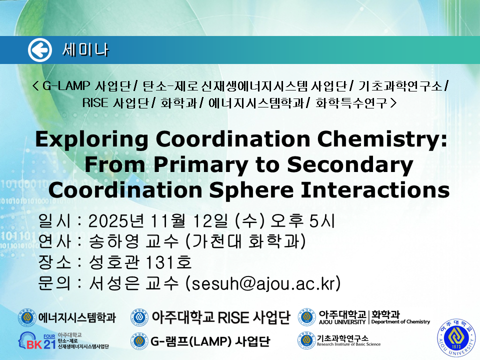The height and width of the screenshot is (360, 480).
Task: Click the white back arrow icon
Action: click(40, 50)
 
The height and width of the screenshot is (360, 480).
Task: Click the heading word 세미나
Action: click(85, 50)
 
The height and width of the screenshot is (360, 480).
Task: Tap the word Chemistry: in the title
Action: click(382, 139)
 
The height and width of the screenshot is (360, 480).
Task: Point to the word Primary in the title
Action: click(200, 165)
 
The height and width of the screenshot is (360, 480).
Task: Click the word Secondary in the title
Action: click(350, 165)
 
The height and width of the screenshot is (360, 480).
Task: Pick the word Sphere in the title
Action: click(251, 191)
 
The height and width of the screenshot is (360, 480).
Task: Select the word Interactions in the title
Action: click(375, 190)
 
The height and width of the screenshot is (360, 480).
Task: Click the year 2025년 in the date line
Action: click(116, 220)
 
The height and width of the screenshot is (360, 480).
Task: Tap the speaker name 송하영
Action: click(114, 241)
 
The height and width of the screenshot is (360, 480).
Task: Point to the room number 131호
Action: click(168, 262)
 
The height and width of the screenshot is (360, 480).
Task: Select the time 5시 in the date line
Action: click(322, 220)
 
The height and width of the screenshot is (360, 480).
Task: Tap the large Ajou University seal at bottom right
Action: click(456, 337)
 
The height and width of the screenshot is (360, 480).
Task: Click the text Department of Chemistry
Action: click(400, 321)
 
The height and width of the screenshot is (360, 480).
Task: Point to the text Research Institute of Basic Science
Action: click(348, 344)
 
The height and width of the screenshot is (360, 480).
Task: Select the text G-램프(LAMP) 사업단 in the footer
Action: click(210, 341)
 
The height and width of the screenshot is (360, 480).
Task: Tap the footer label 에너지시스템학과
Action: click(77, 318)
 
